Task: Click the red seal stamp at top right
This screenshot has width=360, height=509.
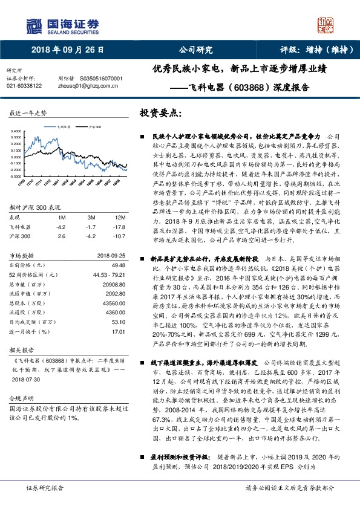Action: [x=326, y=26]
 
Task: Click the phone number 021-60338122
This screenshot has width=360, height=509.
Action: [x=24, y=86]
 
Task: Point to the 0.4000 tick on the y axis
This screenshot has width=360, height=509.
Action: [x=16, y=131]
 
